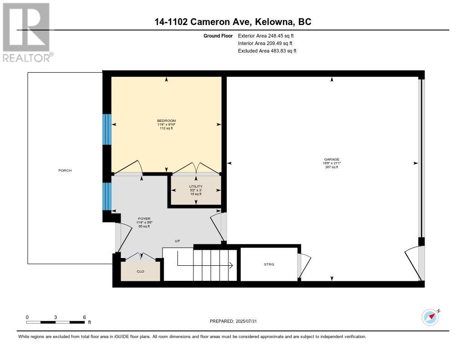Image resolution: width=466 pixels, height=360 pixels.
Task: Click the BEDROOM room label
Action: [x=167, y=121]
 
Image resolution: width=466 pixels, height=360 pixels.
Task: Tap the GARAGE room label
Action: [x=332, y=159]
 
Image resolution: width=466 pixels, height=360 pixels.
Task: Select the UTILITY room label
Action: [x=196, y=187]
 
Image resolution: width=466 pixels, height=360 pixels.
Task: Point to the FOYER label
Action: [x=144, y=218]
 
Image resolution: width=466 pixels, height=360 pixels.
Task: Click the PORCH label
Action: [x=65, y=170]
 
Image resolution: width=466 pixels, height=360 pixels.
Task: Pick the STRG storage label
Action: [x=269, y=264]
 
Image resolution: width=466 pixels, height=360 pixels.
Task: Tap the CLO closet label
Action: [x=140, y=271]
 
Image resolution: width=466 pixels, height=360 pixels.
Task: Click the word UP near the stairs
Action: [x=177, y=241]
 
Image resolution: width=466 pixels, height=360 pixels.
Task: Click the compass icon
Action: [x=431, y=317]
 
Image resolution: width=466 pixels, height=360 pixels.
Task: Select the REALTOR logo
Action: [x=27, y=32]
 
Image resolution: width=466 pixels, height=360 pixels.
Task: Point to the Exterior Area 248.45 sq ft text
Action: [x=266, y=35]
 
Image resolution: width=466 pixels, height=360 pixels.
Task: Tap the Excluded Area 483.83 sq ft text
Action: [x=267, y=51]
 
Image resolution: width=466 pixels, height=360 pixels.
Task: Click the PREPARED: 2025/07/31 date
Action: [x=233, y=321]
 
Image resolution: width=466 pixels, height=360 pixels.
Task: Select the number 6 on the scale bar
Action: [x=84, y=317]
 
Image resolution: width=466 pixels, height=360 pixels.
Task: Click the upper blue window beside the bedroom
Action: [x=107, y=129]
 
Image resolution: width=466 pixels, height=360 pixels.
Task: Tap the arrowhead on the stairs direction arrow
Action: [x=231, y=265]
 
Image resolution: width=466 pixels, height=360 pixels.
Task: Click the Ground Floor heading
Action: [x=218, y=35]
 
